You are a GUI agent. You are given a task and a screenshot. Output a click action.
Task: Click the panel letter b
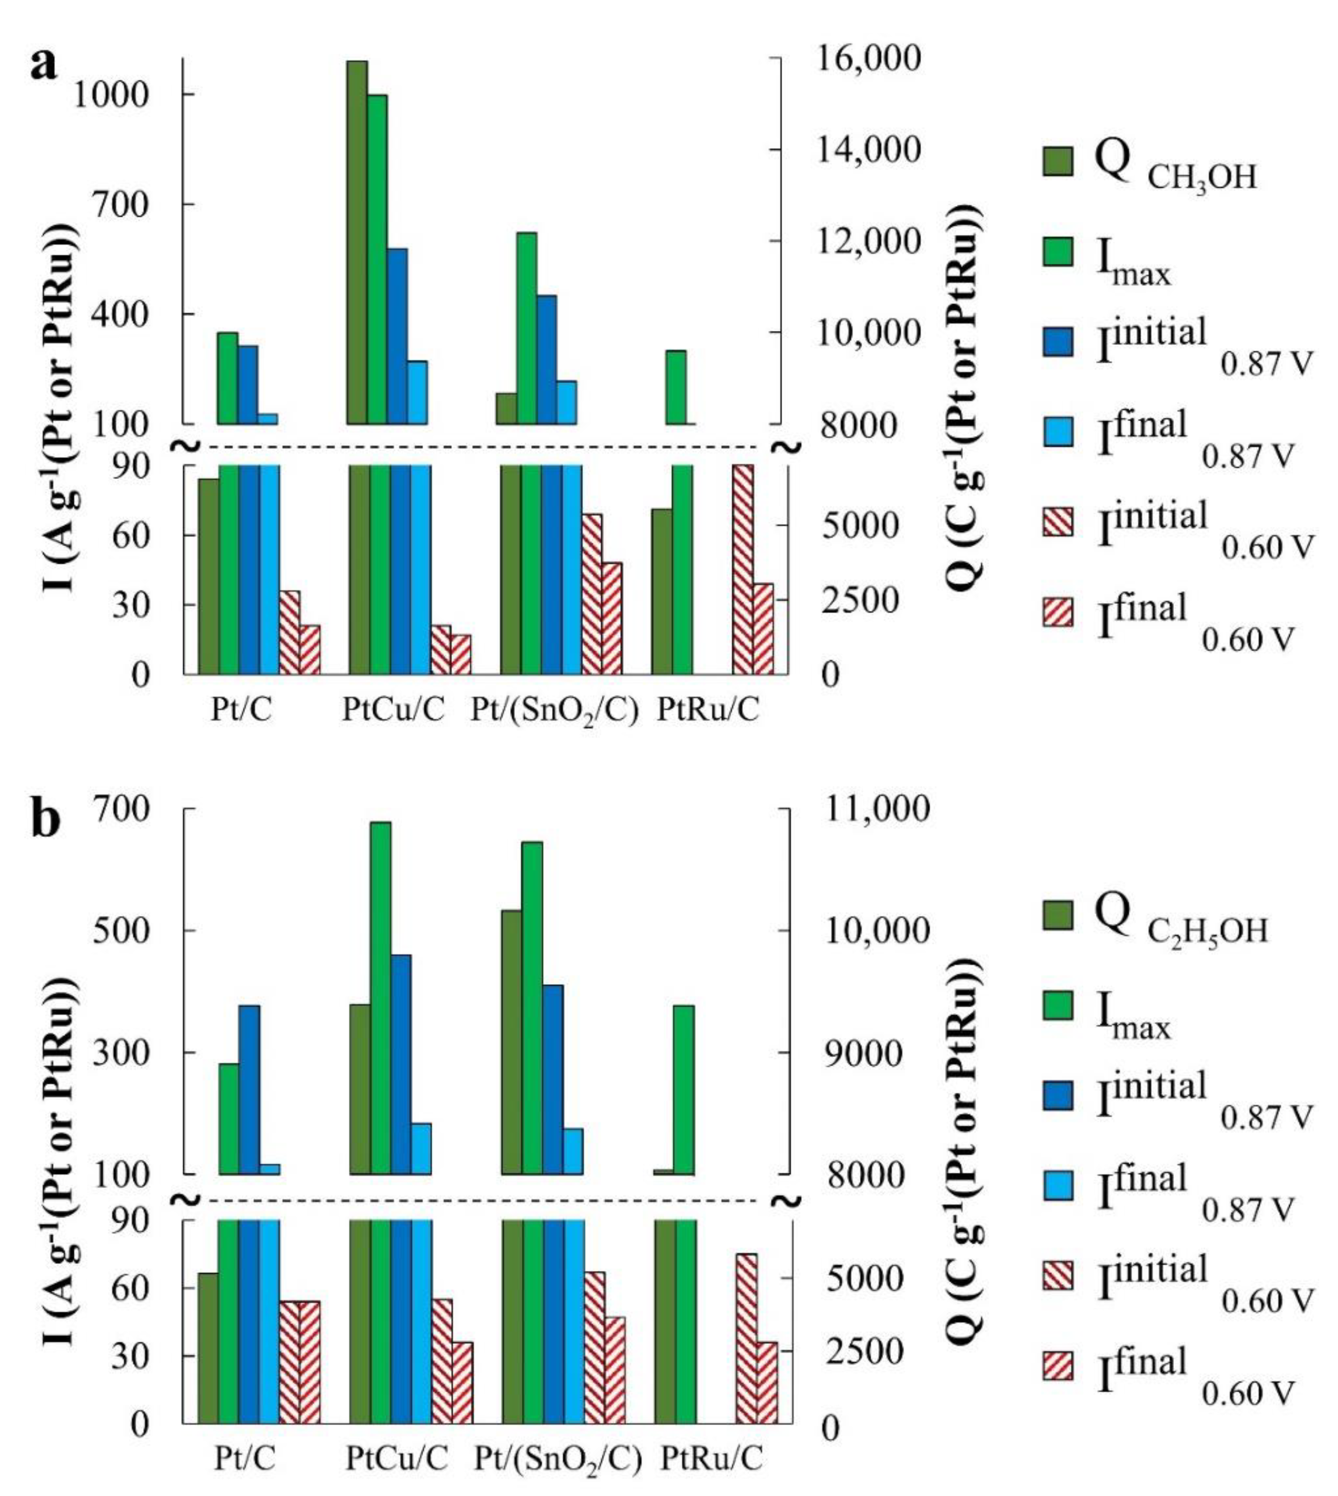coord(45,821)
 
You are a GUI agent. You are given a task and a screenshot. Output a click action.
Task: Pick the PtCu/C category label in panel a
coord(393,710)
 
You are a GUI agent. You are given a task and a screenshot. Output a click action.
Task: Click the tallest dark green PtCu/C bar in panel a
coord(357,243)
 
